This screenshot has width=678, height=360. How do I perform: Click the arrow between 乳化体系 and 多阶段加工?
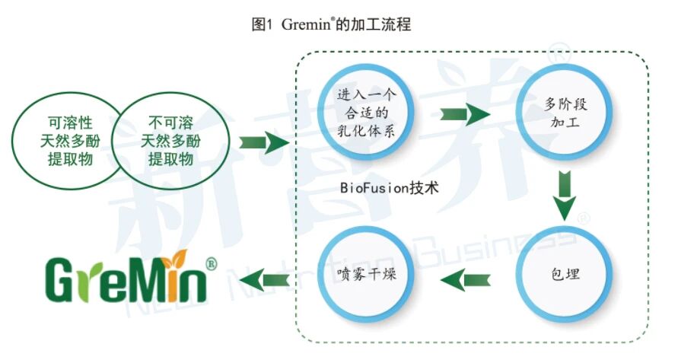466,113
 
